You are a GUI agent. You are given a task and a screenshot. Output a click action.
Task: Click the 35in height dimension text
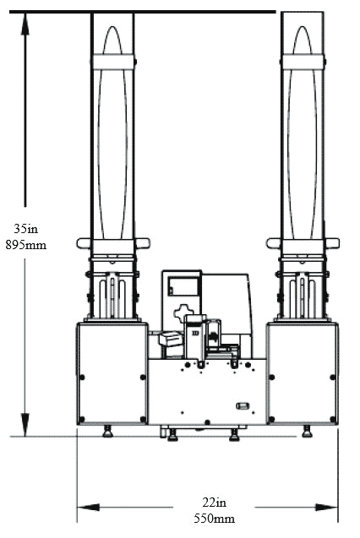click(x=25, y=229)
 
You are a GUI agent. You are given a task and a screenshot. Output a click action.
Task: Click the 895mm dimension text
click(x=25, y=245)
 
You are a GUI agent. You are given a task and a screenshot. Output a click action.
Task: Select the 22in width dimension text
click(x=214, y=503)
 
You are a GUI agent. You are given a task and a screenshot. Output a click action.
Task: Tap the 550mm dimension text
click(x=214, y=518)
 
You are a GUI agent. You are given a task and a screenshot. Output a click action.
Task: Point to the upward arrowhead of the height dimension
click(x=25, y=24)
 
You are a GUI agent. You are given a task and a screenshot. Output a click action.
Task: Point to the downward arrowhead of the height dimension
click(x=25, y=425)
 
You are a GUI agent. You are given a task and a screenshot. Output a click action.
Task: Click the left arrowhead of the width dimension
click(x=88, y=507)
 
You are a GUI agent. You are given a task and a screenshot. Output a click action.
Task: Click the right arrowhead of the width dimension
click(x=326, y=507)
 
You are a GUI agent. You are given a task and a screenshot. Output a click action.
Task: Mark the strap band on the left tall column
click(x=113, y=62)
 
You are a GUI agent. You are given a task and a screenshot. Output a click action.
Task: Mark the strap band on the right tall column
click(x=303, y=62)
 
